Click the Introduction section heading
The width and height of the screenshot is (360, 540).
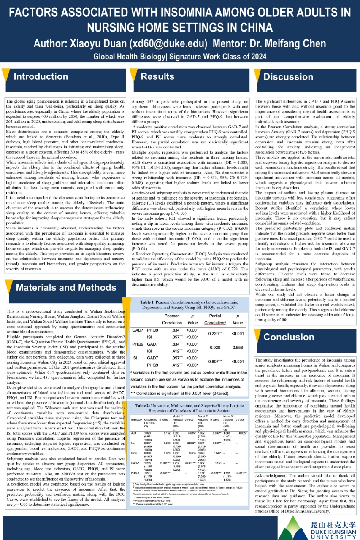[x=41, y=76]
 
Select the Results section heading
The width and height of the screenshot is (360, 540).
[x=157, y=76]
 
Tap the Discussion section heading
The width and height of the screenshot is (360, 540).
[x=289, y=77]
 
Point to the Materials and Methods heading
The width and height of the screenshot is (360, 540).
[x=66, y=288]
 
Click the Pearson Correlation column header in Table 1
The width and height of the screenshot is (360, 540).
[x=171, y=319]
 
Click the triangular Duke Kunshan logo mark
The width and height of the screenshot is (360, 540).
[x=291, y=528]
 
